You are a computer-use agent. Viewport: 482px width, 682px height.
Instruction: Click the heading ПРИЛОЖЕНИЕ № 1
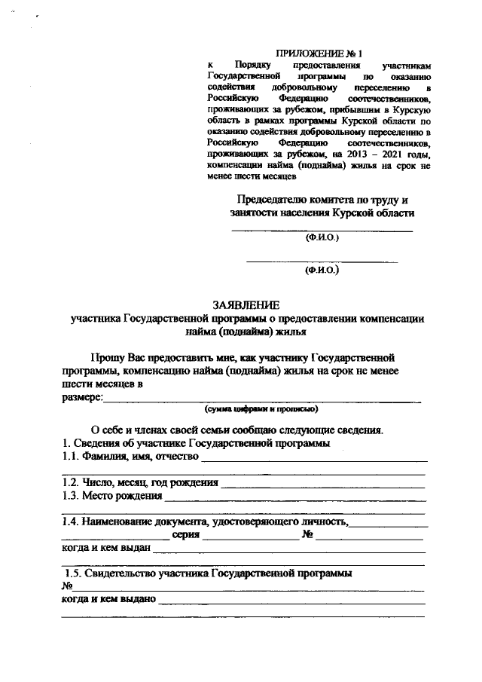(x=319, y=54)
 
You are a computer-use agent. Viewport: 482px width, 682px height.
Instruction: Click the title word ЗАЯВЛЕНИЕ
(x=246, y=305)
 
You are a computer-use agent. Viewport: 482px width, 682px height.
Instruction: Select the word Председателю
(x=273, y=200)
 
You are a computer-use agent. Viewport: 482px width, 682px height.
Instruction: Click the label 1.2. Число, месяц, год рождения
(x=140, y=482)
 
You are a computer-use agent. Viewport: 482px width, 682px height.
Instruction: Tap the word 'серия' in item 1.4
(x=185, y=535)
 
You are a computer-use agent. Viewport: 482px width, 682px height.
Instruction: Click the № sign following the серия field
(x=307, y=535)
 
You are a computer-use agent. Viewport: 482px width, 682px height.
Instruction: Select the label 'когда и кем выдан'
(x=105, y=549)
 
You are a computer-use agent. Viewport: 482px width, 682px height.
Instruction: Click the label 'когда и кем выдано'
(x=108, y=600)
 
